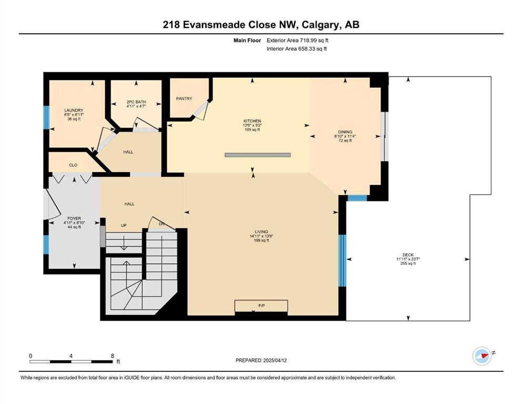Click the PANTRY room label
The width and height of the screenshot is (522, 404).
184,98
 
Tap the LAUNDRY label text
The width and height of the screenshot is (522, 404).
74,110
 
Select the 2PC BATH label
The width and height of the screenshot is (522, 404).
136,102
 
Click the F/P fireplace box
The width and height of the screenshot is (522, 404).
261,306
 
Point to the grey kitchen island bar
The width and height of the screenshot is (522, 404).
258,155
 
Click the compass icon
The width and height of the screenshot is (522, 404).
482,356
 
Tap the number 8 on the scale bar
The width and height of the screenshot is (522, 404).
112,356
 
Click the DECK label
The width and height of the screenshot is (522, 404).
408,255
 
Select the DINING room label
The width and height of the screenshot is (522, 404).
345,132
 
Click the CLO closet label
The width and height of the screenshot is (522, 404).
73,165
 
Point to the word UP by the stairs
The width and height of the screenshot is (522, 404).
124,226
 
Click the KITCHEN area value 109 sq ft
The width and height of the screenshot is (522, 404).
252,129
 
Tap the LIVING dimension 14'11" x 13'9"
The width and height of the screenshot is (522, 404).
261,236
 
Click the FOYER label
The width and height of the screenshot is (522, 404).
74,218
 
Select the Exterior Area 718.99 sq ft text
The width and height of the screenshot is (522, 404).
298,41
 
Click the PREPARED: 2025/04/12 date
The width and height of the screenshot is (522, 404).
261,360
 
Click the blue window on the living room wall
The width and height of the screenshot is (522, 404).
342,260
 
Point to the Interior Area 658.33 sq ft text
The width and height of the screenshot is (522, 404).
296,48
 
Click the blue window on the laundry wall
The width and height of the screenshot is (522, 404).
46,117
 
